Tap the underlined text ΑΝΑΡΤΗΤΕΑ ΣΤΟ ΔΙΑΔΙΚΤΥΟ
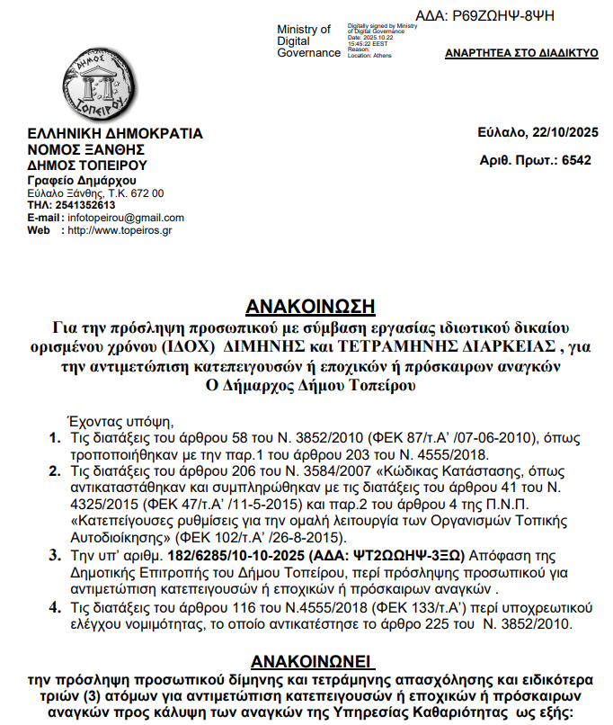click(521, 53)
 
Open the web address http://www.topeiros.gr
click(120, 230)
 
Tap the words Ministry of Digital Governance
click(308, 41)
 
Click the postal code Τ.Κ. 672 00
click(136, 193)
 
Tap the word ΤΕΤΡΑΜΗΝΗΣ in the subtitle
click(373, 345)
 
